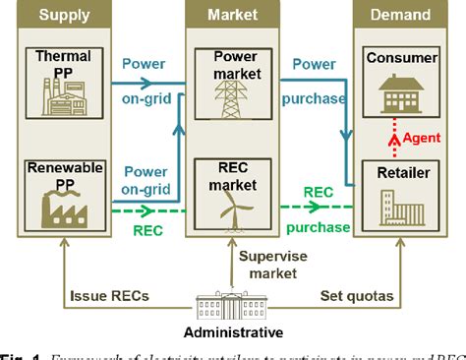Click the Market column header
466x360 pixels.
tap(233, 15)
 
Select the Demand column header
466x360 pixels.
tap(399, 15)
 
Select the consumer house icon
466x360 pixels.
tap(399, 93)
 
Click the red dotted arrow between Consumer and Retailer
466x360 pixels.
tap(398, 138)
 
